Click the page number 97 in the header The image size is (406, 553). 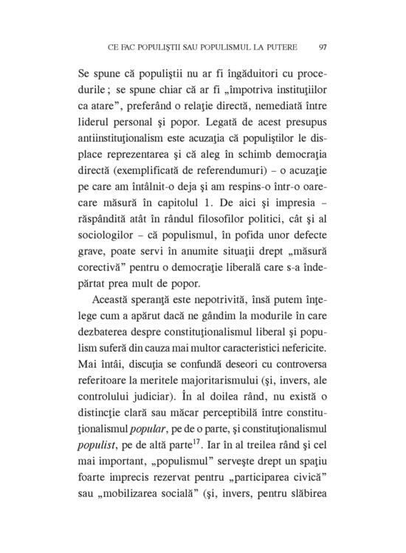click(x=323, y=48)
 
